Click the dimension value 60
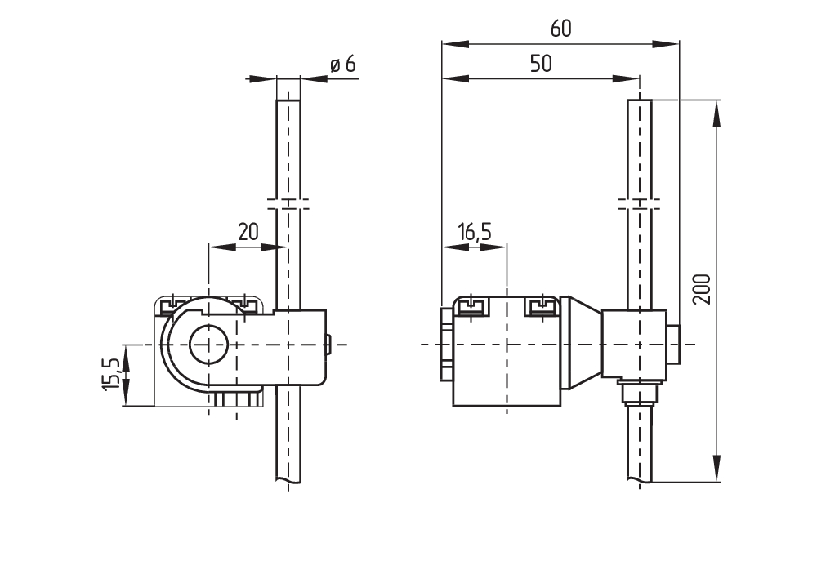[560, 29]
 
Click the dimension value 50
[540, 64]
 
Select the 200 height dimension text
[702, 289]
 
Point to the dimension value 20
[248, 231]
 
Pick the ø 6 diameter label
[343, 65]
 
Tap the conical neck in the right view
[582, 344]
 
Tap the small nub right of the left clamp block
[329, 344]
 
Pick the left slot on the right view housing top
[471, 306]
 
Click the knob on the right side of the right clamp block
[674, 344]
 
